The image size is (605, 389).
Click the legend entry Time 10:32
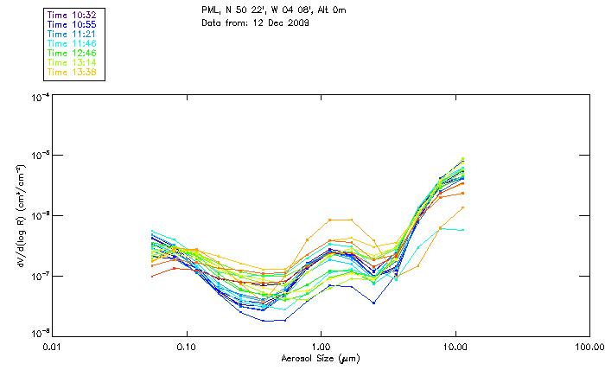pyautogui.click(x=73, y=16)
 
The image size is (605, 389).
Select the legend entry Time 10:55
pyautogui.click(x=73, y=25)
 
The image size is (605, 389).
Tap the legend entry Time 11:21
pyautogui.click(x=73, y=34)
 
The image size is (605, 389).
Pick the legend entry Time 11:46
pyautogui.click(x=73, y=43)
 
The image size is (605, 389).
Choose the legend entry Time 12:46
pyautogui.click(x=73, y=53)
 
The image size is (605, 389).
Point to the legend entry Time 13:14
pyautogui.click(x=73, y=62)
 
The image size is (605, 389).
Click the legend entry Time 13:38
pyautogui.click(x=73, y=72)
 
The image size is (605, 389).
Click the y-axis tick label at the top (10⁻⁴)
pyautogui.click(x=39, y=99)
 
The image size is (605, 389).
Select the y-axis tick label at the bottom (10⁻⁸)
pyautogui.click(x=39, y=333)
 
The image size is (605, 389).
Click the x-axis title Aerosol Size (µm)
pyautogui.click(x=320, y=357)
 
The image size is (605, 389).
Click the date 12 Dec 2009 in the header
pyautogui.click(x=282, y=22)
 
